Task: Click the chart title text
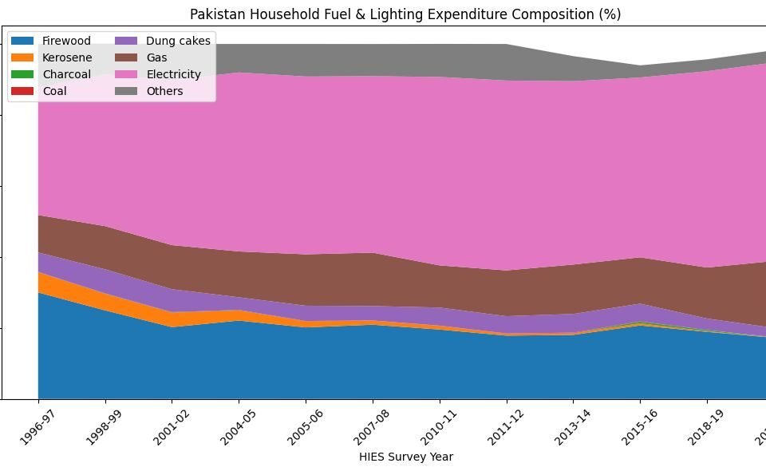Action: click(x=405, y=14)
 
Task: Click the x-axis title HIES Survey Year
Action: click(x=405, y=457)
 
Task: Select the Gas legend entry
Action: click(x=156, y=57)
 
